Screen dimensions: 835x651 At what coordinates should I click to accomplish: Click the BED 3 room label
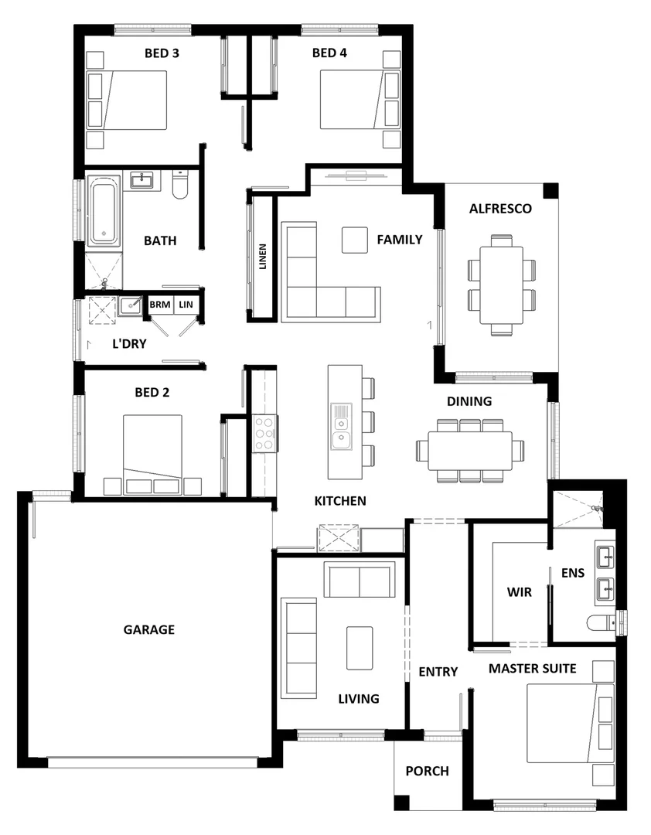pyautogui.click(x=162, y=53)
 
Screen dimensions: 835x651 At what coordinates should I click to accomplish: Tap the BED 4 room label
pyautogui.click(x=329, y=53)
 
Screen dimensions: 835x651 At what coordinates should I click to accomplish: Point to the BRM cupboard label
pyautogui.click(x=160, y=305)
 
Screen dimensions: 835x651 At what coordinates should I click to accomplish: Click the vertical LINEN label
pyautogui.click(x=263, y=257)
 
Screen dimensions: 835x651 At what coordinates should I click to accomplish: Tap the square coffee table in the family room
pyautogui.click(x=355, y=240)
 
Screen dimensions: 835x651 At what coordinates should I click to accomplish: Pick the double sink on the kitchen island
pyautogui.click(x=340, y=427)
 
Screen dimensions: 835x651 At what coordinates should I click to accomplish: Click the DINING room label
pyautogui.click(x=469, y=401)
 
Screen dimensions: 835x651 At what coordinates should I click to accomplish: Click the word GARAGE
pyautogui.click(x=149, y=629)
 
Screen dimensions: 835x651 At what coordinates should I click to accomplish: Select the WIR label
pyautogui.click(x=519, y=592)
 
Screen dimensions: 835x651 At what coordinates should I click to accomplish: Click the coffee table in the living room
pyautogui.click(x=360, y=648)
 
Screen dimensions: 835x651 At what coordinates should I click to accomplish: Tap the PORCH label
pyautogui.click(x=427, y=771)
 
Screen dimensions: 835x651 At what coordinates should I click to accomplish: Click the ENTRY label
pyautogui.click(x=438, y=672)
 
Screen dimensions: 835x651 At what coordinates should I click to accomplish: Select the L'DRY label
pyautogui.click(x=129, y=343)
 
